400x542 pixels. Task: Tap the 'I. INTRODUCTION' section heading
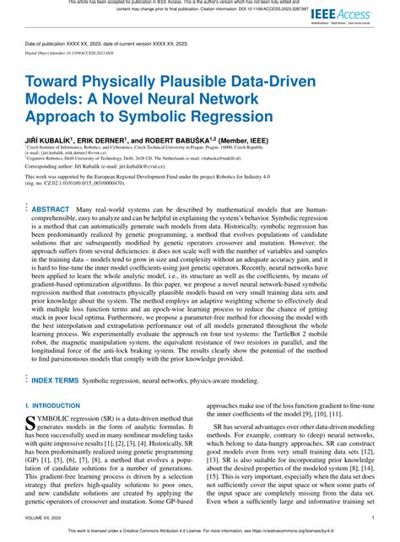point(60,405)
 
